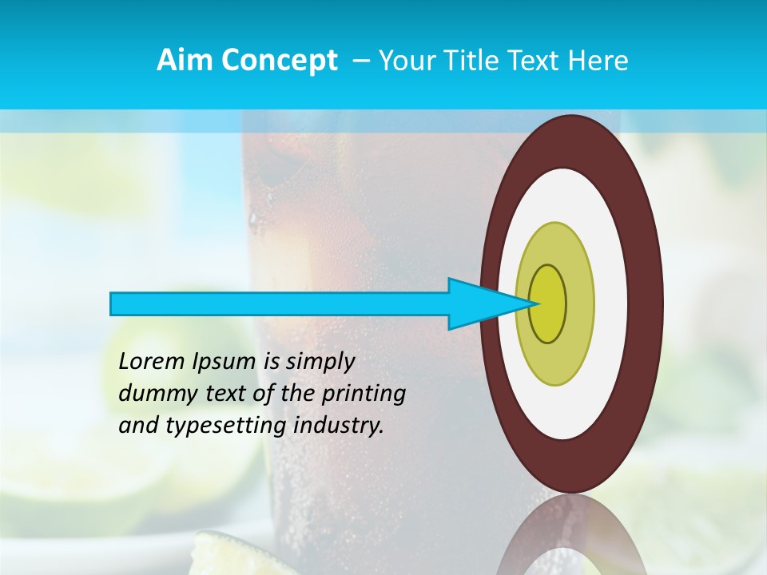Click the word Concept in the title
point(279,61)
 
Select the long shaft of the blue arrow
point(280,303)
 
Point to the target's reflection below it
point(571,535)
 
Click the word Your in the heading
point(405,61)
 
